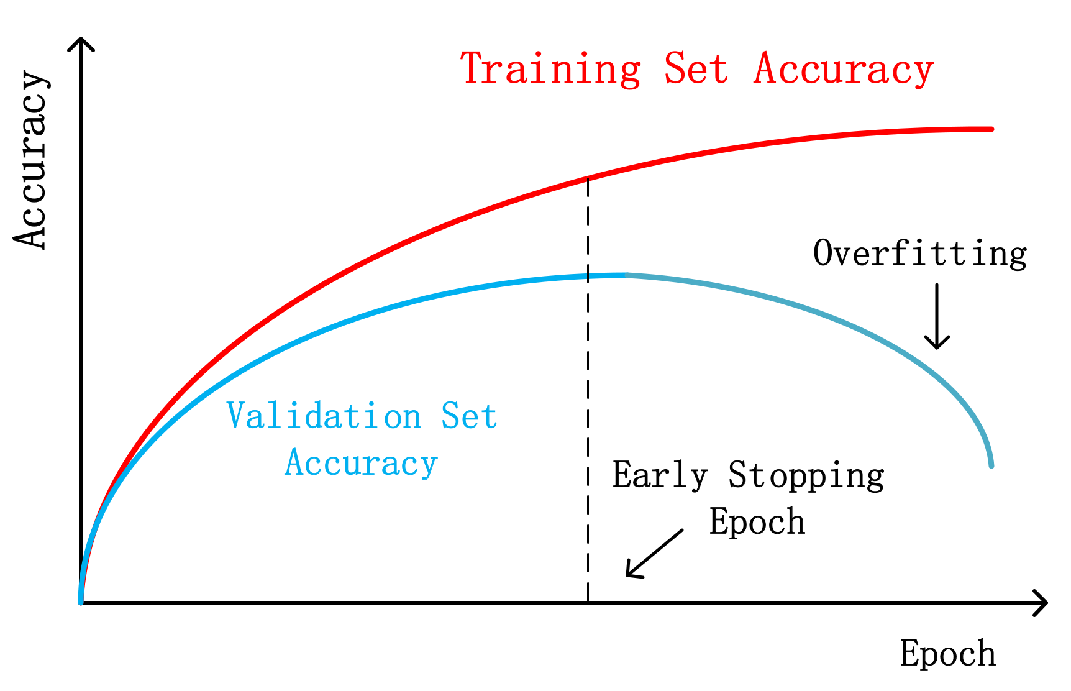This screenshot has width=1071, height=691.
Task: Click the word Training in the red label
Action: click(550, 69)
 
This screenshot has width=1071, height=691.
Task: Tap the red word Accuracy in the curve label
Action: click(844, 70)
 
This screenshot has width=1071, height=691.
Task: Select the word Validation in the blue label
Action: click(324, 416)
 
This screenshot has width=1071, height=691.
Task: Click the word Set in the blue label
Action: click(469, 416)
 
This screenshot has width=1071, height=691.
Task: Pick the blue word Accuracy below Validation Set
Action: click(361, 464)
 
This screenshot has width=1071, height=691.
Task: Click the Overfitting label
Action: click(920, 254)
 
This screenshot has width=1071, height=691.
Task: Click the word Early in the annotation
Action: click(660, 475)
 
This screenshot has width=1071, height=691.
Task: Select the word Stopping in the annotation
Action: click(806, 476)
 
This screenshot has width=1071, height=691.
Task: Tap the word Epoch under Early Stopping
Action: click(757, 522)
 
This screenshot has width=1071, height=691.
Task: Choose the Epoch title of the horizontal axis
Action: click(948, 654)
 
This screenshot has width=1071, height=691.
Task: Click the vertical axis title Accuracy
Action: click(31, 160)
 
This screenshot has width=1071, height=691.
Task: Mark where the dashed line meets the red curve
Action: click(588, 178)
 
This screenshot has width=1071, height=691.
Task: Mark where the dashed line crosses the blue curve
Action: click(588, 276)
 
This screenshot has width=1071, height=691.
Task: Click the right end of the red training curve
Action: click(991, 129)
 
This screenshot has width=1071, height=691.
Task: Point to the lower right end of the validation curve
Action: click(991, 465)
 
